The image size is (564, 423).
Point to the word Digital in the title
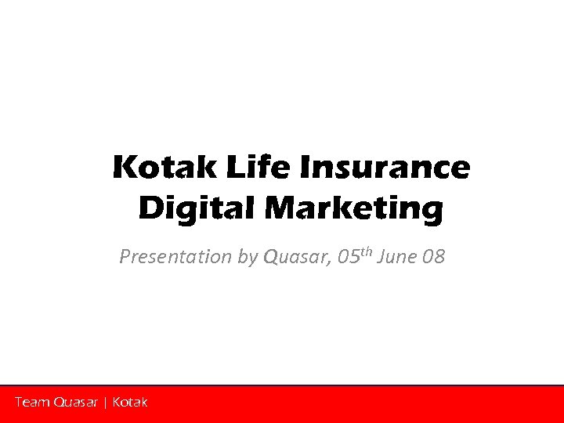(x=197, y=209)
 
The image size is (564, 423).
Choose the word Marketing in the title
(x=353, y=209)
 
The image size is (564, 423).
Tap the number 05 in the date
(x=350, y=257)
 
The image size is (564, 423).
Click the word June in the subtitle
(x=396, y=257)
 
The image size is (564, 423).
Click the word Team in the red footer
(x=32, y=403)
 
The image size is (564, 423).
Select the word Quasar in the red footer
(x=76, y=403)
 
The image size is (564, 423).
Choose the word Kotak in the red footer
(x=130, y=403)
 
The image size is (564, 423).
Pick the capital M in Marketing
(x=281, y=209)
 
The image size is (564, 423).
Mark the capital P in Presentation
(x=125, y=257)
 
